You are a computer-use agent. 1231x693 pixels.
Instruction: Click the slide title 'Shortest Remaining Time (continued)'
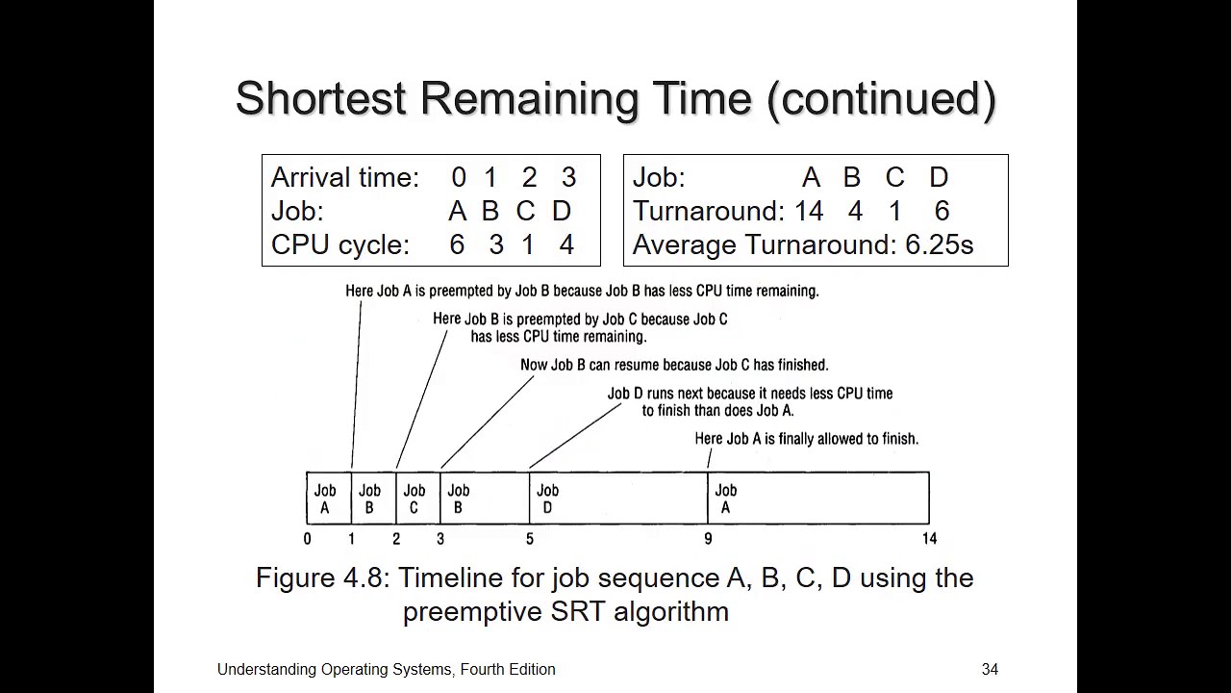click(615, 99)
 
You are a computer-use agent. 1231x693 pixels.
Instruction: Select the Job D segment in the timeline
click(617, 498)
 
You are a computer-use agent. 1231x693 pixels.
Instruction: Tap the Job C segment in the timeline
click(417, 498)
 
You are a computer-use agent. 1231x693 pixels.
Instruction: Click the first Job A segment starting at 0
click(328, 498)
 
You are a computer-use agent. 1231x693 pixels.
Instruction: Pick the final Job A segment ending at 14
click(817, 498)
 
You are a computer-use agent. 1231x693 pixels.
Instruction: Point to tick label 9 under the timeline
click(708, 539)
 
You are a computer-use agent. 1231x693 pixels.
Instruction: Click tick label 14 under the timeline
click(928, 539)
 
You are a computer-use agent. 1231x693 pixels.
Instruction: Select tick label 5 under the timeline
click(529, 539)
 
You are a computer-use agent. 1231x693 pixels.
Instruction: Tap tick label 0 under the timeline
click(308, 539)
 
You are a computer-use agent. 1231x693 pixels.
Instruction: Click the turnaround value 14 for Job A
click(809, 211)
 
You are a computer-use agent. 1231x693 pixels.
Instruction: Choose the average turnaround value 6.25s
click(939, 244)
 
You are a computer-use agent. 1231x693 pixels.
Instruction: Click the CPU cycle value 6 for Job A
click(457, 244)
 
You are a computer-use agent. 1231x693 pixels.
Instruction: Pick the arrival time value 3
click(568, 177)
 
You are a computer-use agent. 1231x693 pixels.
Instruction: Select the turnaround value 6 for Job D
click(942, 211)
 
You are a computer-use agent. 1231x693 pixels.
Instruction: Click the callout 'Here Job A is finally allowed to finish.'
click(806, 439)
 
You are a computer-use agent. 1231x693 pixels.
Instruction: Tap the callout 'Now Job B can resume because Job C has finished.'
click(673, 365)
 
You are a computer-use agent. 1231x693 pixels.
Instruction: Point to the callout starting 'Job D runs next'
click(749, 401)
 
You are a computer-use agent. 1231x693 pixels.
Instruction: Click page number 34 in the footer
click(990, 669)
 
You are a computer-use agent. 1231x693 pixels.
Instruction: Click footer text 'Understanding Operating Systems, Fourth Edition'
click(386, 669)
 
